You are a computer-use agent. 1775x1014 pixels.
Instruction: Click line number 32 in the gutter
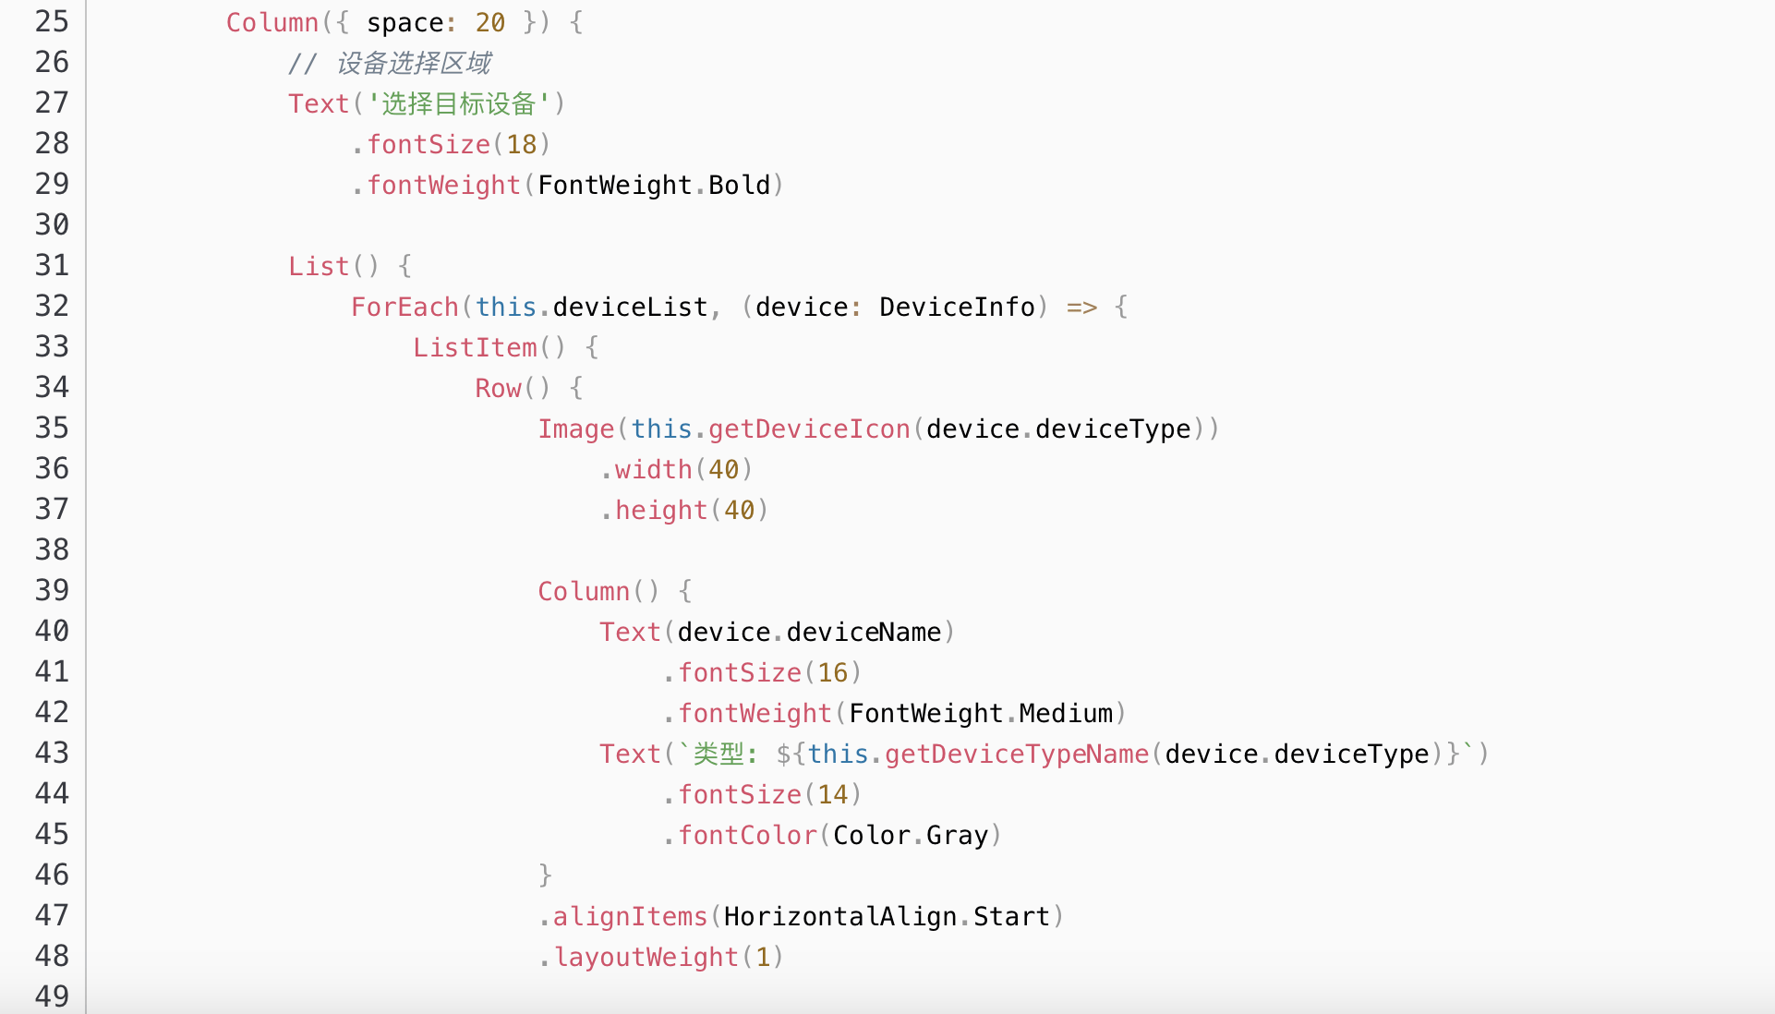tap(52, 306)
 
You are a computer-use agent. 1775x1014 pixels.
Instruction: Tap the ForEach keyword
tap(405, 307)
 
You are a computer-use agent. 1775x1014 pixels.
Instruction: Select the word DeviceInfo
tap(957, 307)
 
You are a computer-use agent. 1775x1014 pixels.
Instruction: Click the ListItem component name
tap(475, 347)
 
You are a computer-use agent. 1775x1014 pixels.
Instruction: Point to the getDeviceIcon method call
tap(809, 429)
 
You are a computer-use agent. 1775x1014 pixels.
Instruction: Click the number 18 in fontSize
tap(522, 144)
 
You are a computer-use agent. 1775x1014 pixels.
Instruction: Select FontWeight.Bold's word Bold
tap(739, 185)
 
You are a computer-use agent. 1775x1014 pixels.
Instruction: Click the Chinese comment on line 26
tap(413, 63)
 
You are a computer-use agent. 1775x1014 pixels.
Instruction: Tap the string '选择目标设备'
tap(459, 103)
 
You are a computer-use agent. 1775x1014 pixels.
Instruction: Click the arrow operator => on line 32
tap(1081, 307)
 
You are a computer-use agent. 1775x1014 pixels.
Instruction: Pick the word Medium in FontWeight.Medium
tap(1066, 713)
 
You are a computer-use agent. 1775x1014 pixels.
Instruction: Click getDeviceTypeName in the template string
tap(1016, 754)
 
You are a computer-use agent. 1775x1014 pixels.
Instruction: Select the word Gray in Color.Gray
tap(957, 835)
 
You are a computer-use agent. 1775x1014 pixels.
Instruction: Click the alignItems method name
tap(630, 916)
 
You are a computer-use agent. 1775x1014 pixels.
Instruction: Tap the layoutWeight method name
tap(646, 957)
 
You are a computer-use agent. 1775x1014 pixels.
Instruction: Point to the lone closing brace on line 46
tap(545, 875)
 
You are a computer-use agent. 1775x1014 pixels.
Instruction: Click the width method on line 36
tap(653, 469)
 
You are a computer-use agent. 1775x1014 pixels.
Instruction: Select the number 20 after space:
tap(490, 22)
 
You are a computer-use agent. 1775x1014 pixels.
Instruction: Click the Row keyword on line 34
tap(499, 388)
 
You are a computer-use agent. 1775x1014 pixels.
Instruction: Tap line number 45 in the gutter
tap(52, 834)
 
